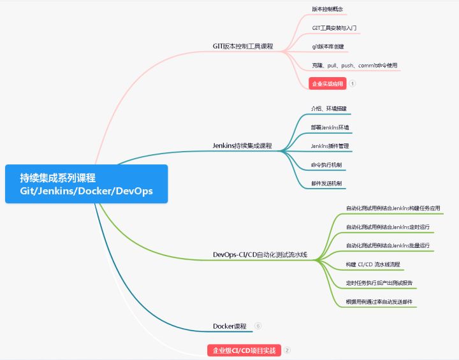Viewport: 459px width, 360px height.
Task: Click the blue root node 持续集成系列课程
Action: pos(86,184)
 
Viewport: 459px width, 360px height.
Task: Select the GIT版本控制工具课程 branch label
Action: pos(242,46)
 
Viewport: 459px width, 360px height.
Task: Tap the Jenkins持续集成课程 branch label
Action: pos(242,145)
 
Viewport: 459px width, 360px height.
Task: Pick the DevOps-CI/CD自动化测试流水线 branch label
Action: pos(259,255)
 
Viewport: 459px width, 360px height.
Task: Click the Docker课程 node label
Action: pos(229,326)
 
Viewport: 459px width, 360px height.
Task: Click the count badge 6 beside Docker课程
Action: pos(258,326)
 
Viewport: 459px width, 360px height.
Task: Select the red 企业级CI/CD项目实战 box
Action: pos(244,350)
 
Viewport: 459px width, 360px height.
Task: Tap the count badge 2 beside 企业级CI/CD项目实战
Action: pos(287,350)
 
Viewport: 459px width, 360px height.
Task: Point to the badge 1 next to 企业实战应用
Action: pos(352,83)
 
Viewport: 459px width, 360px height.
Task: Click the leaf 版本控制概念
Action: pos(328,10)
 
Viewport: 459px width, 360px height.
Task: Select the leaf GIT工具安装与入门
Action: pos(334,28)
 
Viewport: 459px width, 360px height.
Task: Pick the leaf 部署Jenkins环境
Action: pos(330,127)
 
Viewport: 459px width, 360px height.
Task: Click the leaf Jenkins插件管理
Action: pos(330,146)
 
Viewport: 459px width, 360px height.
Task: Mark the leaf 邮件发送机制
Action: pos(326,184)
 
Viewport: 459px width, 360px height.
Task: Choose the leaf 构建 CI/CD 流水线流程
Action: pos(373,264)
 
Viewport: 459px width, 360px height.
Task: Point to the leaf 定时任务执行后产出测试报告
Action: pos(379,282)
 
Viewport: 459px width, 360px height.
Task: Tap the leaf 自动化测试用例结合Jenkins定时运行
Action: pos(388,227)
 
